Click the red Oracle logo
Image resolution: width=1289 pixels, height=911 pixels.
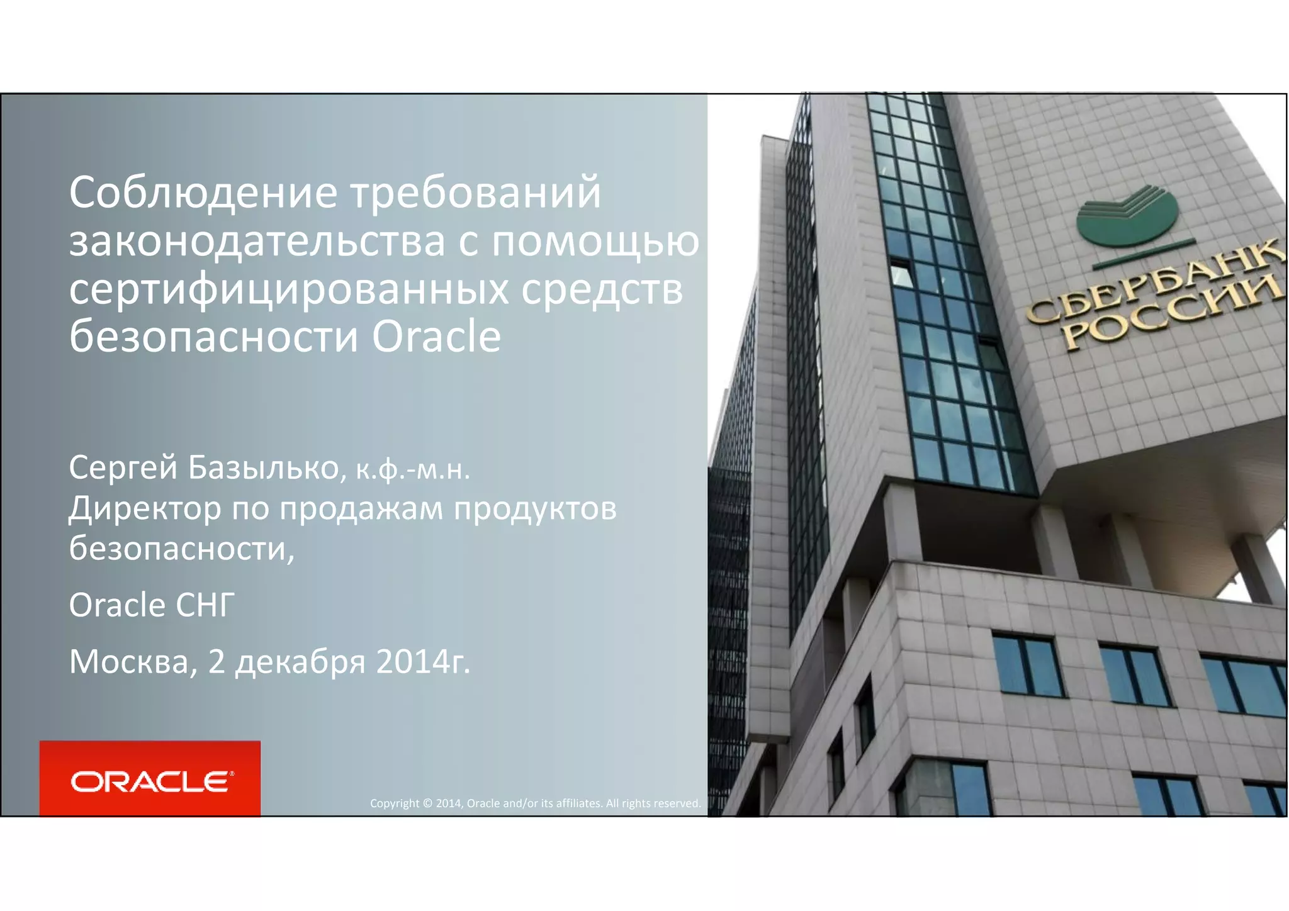click(150, 779)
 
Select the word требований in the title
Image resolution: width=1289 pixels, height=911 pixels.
click(476, 193)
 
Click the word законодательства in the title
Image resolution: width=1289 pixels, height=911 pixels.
click(257, 242)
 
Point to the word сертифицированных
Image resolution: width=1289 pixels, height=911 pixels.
click(289, 291)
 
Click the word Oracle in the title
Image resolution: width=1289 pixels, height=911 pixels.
click(436, 337)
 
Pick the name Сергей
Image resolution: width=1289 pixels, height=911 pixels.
click(123, 468)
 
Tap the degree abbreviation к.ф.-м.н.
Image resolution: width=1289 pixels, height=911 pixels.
click(413, 470)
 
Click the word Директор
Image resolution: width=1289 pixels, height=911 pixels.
click(145, 508)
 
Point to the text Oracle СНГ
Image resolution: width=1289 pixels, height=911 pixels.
click(152, 605)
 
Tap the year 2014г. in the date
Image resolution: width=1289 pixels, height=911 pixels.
click(423, 662)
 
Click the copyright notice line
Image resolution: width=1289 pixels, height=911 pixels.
click(535, 803)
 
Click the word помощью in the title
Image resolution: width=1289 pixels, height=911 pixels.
click(595, 242)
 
